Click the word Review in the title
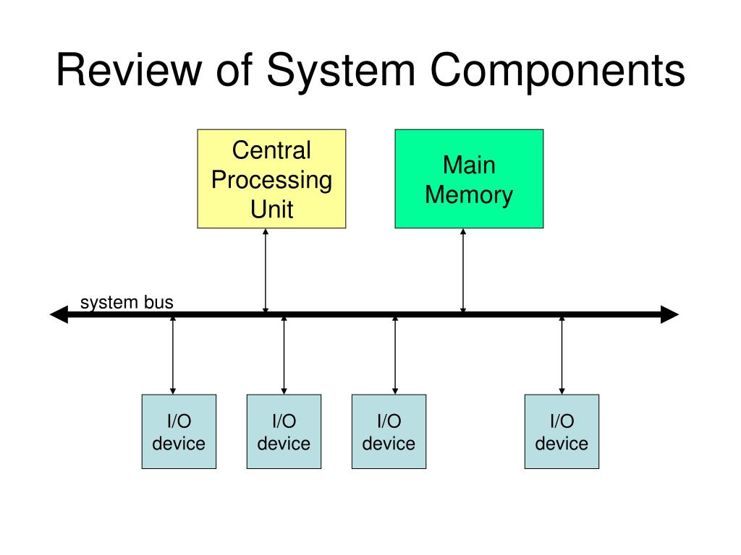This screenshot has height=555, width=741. tap(129, 70)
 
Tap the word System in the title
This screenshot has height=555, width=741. tap(341, 71)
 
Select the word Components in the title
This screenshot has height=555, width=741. tap(558, 71)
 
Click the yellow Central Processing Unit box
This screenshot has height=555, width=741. tap(272, 179)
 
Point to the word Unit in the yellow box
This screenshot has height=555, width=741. tap(272, 209)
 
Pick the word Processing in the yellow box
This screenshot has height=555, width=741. tap(272, 181)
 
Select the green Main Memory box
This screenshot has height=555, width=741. tap(469, 179)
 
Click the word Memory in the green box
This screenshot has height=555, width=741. tap(469, 195)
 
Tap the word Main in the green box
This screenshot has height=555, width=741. tap(469, 165)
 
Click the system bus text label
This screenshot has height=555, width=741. tap(127, 303)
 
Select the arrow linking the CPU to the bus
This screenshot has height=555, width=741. tap(266, 270)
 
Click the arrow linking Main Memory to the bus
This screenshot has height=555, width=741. tap(463, 270)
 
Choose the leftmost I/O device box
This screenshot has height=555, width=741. tap(179, 432)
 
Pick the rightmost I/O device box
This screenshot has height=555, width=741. tap(562, 432)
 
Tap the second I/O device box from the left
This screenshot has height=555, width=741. tap(284, 432)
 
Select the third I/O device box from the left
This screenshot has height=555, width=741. tap(389, 432)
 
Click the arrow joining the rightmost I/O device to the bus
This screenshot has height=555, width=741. tap(562, 356)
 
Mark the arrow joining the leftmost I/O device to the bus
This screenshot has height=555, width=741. tap(173, 356)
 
